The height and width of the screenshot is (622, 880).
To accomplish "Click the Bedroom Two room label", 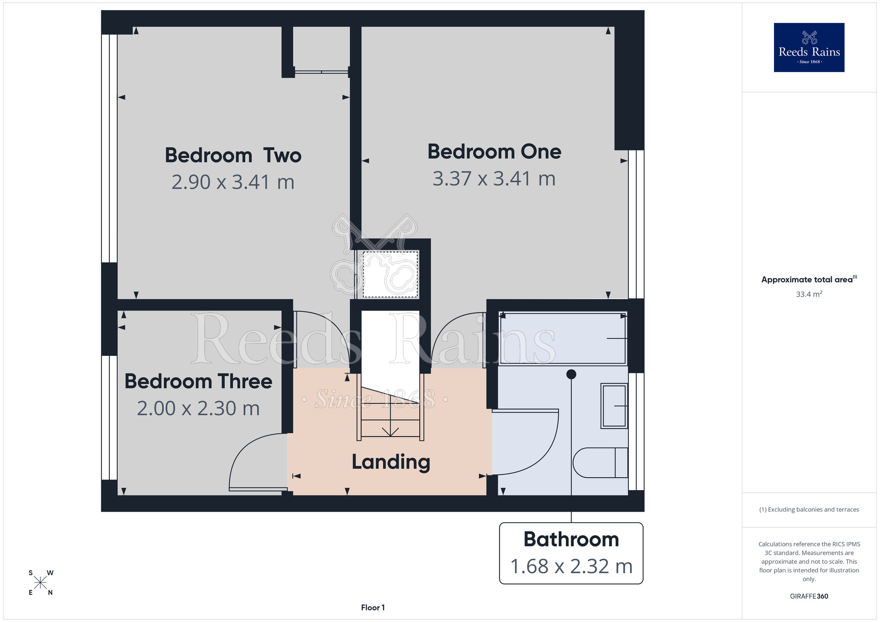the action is point(233,155).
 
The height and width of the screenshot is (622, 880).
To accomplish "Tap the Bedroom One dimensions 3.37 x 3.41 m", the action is point(494,179).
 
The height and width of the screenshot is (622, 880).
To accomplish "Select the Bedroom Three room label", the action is point(198,381).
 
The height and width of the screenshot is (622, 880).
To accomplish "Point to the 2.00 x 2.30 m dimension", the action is point(198,408).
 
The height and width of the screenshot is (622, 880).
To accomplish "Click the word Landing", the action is point(391,462).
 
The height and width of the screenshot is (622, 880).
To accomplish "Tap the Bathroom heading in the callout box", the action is point(571,539).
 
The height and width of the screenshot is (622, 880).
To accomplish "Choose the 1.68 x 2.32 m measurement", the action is point(571,566).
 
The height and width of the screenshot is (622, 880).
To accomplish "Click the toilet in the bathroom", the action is point(600,463).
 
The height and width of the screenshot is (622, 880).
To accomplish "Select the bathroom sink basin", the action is point(614,406).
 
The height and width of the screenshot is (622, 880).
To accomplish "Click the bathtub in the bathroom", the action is point(563,338).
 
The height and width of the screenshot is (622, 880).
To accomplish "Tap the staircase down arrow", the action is point(390,432).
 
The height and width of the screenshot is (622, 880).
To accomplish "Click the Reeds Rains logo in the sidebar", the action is point(809,48).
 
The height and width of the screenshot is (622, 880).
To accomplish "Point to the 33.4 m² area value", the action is point(809,294).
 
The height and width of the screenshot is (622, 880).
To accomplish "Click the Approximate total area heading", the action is point(809,279).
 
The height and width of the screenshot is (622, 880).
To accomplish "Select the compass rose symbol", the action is point(40,583).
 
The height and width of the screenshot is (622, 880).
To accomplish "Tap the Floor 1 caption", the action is point(373,607).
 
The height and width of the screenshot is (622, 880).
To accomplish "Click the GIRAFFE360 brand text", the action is point(809,596).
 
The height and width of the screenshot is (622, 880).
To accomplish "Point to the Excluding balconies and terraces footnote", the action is point(809,509).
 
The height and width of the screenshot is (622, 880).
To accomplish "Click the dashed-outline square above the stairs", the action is point(390,274).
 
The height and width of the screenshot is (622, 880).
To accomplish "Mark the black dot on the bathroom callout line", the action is point(571,374).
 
